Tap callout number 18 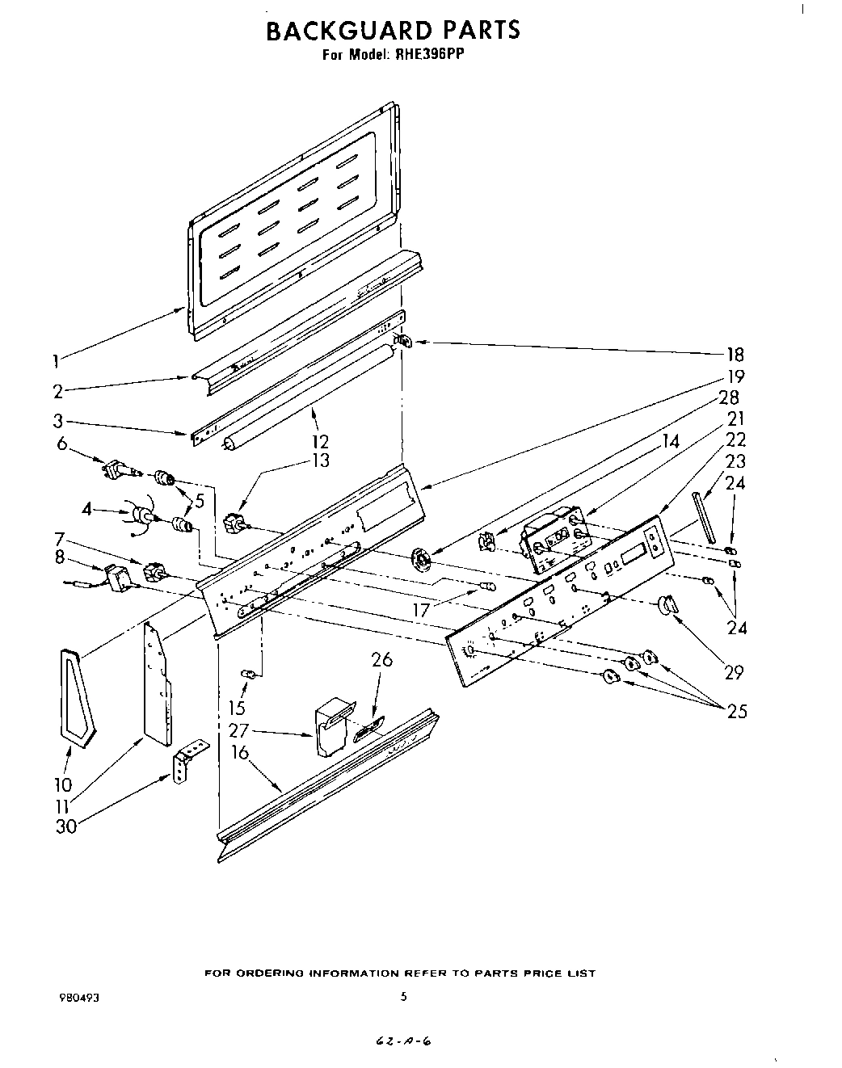tap(735, 354)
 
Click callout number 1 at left tap(56, 361)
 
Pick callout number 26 tap(381, 660)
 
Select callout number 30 tap(66, 826)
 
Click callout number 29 tap(733, 672)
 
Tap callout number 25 tap(736, 711)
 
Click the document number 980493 tap(79, 998)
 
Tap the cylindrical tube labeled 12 tap(307, 394)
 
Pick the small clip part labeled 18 tap(402, 341)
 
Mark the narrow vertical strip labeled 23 tap(703, 516)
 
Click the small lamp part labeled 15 tap(250, 673)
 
